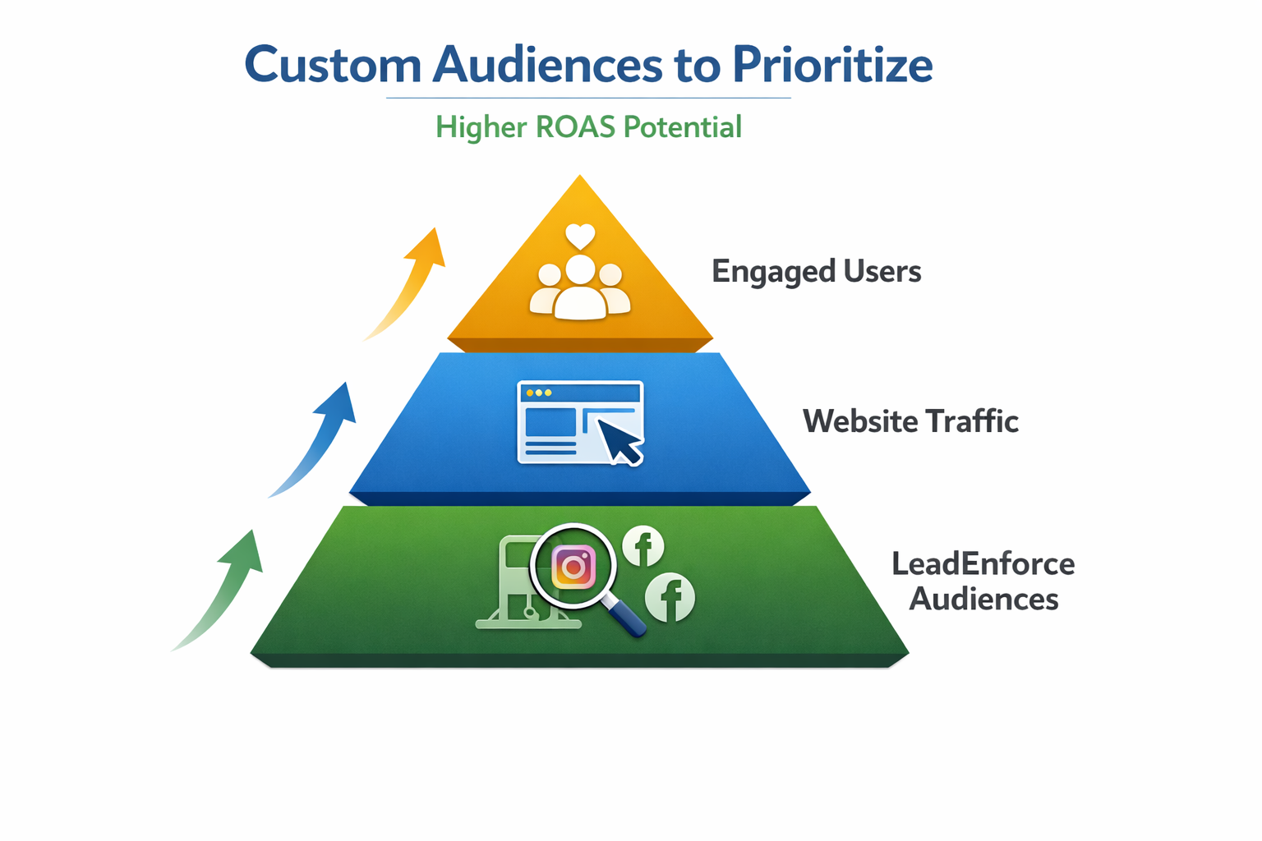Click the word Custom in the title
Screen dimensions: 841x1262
pos(333,65)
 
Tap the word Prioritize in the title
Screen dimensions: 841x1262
pos(831,65)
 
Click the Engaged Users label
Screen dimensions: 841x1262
pos(816,272)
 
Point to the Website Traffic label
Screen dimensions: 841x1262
pos(910,421)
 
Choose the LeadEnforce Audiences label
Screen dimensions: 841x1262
pos(983,581)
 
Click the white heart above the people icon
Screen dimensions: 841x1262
pos(580,237)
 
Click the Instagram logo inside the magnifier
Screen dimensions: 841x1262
pos(573,567)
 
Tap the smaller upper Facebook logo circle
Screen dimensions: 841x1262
pos(643,546)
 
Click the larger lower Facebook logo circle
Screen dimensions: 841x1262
pos(670,597)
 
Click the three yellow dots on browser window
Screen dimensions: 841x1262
pos(539,393)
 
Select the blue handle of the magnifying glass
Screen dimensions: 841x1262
pos(626,618)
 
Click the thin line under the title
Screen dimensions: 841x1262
pos(588,99)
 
